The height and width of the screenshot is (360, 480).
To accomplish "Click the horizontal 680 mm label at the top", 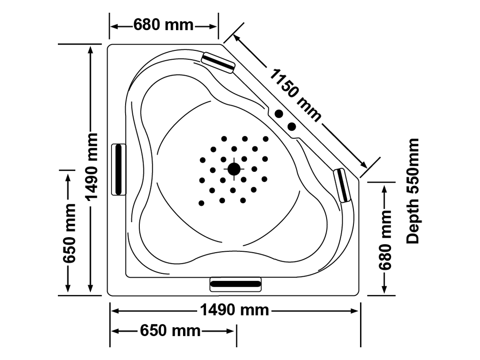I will point(163,24).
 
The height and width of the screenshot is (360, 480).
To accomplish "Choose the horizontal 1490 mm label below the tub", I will point(234,310).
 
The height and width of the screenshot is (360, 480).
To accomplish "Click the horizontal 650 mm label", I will point(170,330).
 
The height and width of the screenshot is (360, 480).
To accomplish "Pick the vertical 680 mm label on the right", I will point(385,240).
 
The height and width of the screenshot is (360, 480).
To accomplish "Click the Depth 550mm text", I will point(413,191).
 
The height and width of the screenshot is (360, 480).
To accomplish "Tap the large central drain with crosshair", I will point(234,169).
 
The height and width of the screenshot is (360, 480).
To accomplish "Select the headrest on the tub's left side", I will point(119,169).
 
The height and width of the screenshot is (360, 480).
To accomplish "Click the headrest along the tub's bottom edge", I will point(235,284).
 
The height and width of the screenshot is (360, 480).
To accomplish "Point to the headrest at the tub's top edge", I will point(218,62).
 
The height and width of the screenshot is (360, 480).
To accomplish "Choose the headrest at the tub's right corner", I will point(342,185).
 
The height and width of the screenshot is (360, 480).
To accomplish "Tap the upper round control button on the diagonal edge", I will point(279,114).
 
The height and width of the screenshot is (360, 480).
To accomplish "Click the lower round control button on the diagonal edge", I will point(292,126).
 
